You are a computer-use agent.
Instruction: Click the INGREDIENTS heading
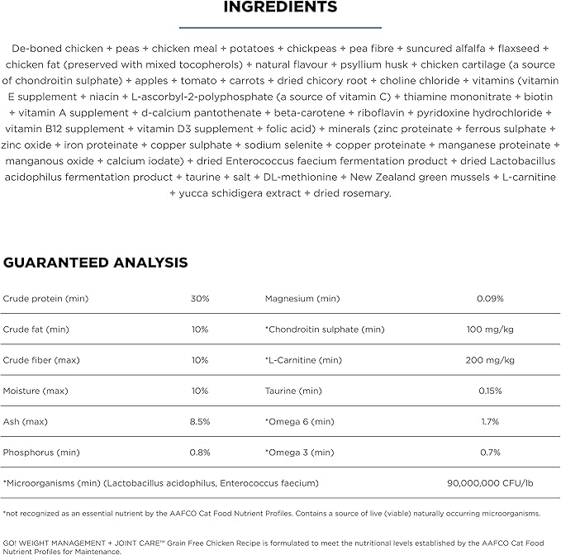[x=280, y=7]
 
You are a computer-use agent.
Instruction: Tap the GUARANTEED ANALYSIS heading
[x=96, y=263]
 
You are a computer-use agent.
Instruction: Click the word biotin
[x=538, y=97]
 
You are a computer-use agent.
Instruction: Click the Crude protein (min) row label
[x=45, y=298]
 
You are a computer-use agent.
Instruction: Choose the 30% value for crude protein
[x=200, y=298]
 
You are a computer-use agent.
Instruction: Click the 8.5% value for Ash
[x=200, y=421]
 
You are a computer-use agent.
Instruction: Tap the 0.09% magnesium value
[x=490, y=298]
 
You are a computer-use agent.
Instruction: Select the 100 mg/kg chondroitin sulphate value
[x=490, y=330]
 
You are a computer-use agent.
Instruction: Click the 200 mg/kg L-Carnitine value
[x=490, y=360]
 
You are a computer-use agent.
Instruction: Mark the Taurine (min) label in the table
[x=293, y=391]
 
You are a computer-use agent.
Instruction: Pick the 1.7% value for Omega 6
[x=490, y=421]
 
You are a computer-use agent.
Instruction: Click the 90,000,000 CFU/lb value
[x=490, y=482]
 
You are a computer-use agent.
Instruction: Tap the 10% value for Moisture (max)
[x=200, y=391]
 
